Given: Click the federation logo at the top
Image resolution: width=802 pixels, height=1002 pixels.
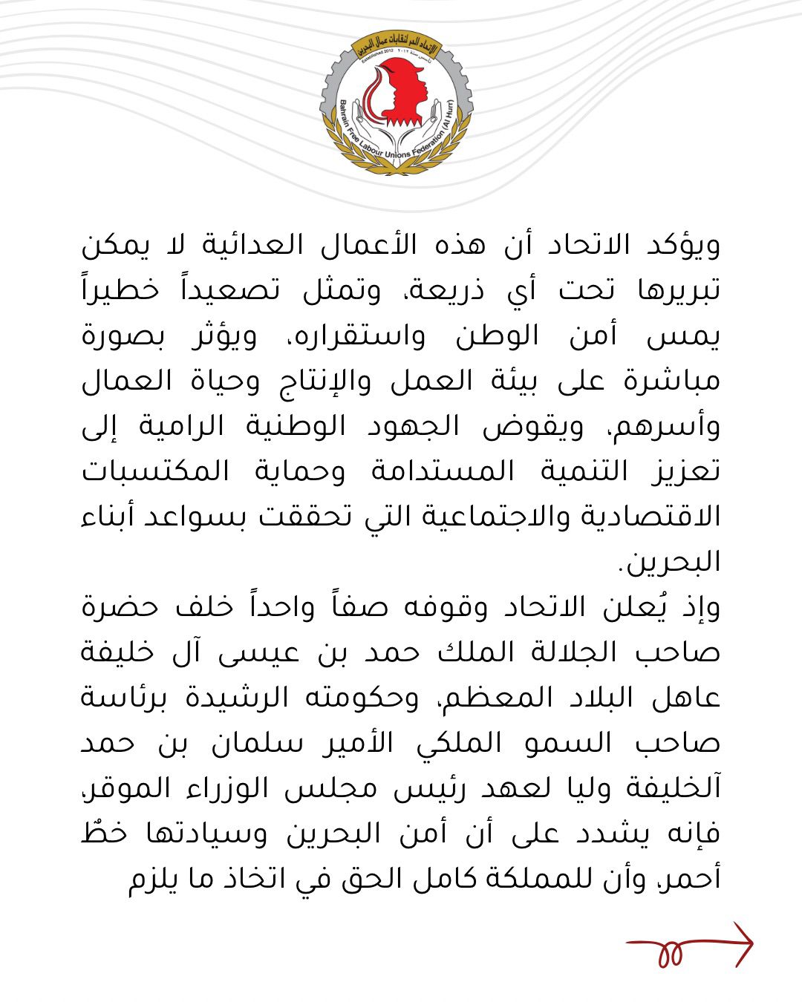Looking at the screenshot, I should tap(397, 104).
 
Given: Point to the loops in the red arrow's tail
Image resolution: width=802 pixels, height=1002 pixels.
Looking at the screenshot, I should tap(670, 953).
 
